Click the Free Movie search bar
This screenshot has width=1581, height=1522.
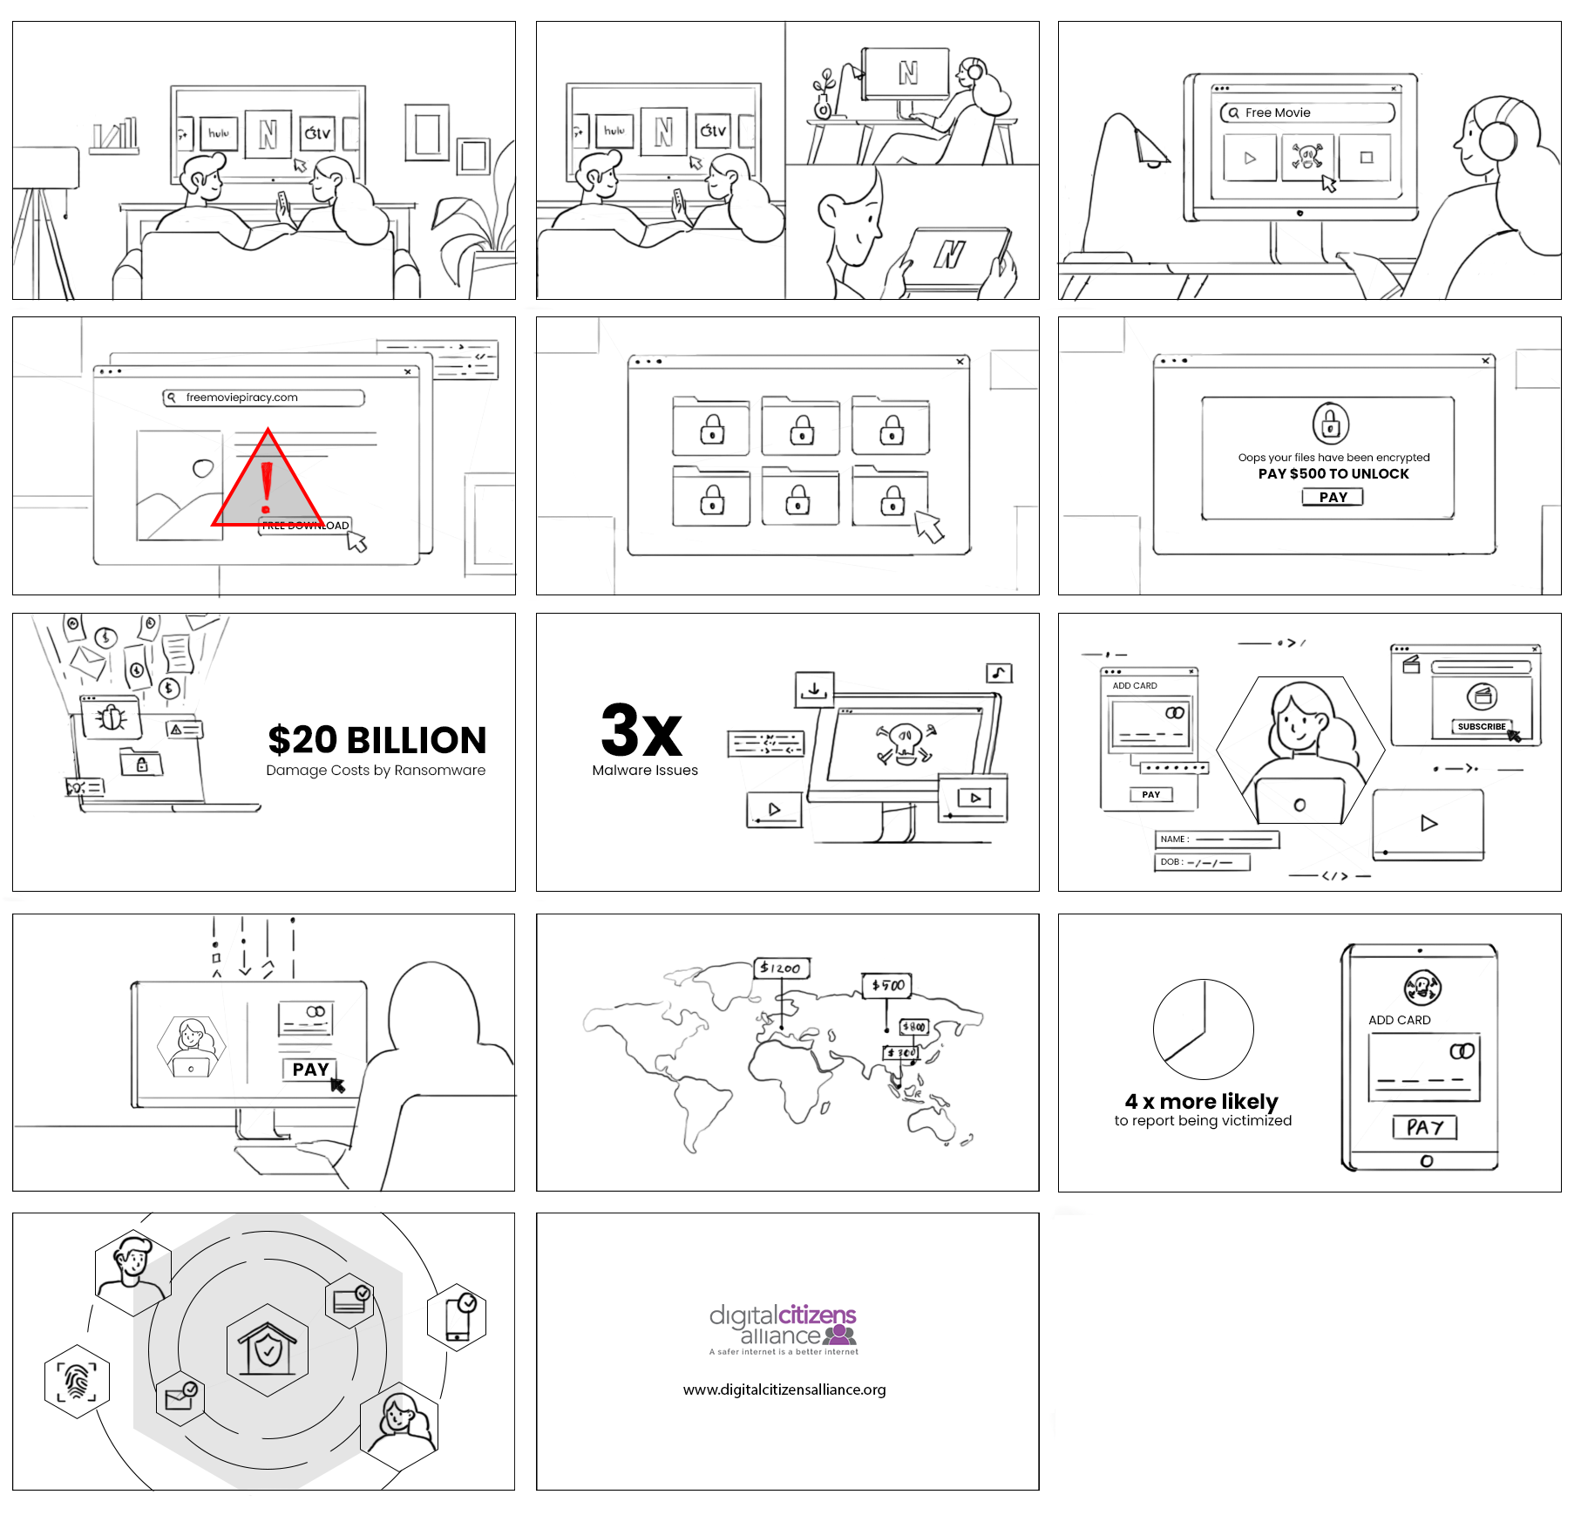tap(1307, 112)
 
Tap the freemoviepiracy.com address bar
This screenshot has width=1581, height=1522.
tap(263, 397)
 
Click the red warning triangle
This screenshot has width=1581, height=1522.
tap(268, 484)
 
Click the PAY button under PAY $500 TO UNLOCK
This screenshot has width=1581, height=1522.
tap(1333, 497)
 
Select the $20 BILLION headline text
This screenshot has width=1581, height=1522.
tap(377, 740)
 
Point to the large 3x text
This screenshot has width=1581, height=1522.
tap(641, 730)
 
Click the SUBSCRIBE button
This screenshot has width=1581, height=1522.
tap(1481, 726)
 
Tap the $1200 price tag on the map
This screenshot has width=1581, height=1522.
tap(781, 968)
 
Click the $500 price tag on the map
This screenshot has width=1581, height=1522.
tap(886, 985)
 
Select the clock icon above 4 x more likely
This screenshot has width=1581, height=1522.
tap(1203, 1029)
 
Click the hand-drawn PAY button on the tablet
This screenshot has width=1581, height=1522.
tap(1424, 1127)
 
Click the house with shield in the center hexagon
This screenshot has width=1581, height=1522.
tap(268, 1349)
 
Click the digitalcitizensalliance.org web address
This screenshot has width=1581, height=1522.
tap(784, 1390)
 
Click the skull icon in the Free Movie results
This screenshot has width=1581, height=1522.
tap(1306, 158)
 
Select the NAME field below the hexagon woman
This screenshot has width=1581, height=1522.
tap(1217, 839)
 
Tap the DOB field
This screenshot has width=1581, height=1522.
tap(1203, 862)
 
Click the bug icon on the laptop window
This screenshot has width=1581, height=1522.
tap(111, 717)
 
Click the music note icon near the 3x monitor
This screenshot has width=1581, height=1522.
tap(999, 673)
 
